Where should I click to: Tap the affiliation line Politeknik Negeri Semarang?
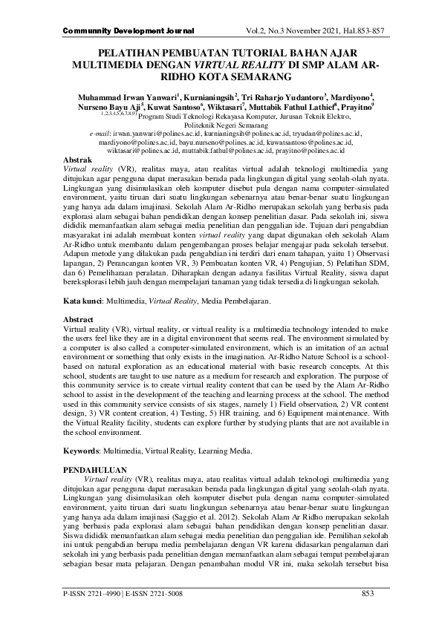221,125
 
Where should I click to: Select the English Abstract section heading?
80,320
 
